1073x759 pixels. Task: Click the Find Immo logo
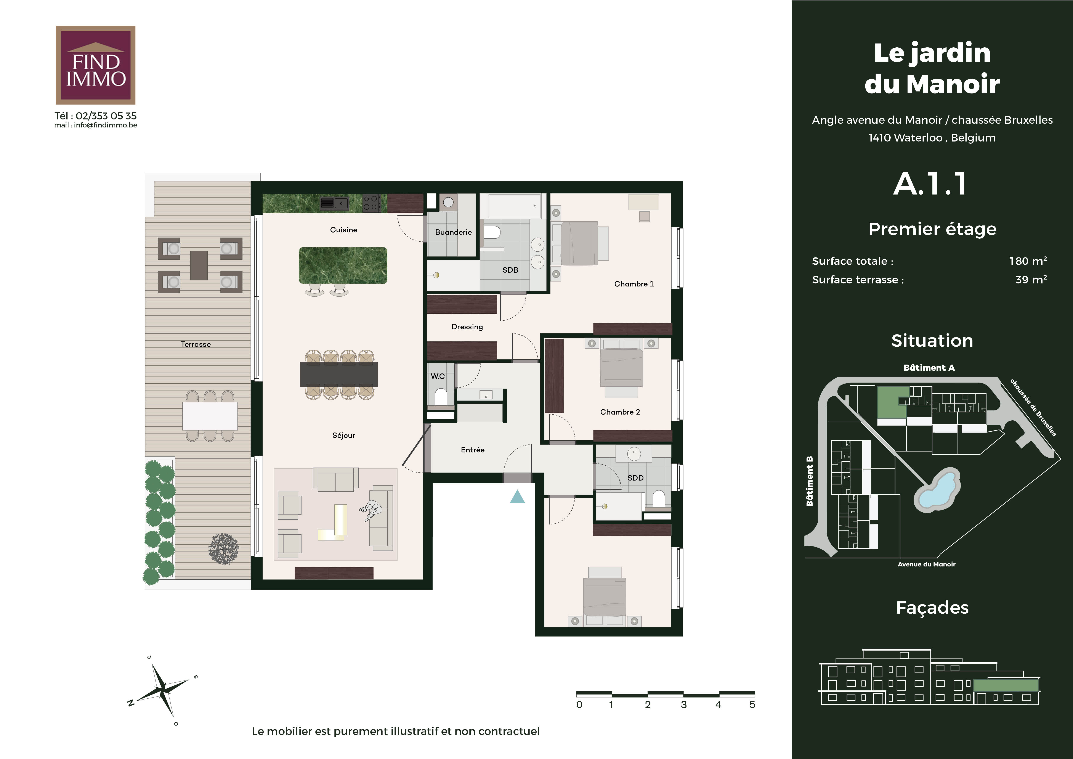(95, 65)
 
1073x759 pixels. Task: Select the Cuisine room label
(343, 230)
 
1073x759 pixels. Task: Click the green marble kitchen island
(343, 265)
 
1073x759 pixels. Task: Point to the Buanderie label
(453, 232)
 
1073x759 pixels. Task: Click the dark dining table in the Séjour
(339, 374)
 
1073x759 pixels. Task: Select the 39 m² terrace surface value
(1031, 280)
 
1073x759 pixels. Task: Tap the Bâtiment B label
(810, 481)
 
